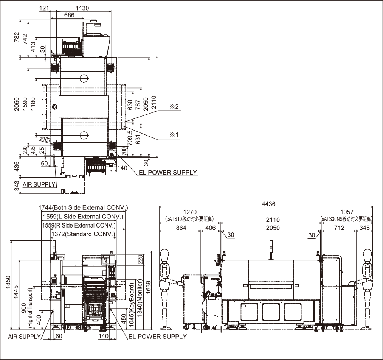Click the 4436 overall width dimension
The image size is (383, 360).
268,204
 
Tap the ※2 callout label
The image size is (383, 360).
174,106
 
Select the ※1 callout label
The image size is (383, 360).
174,134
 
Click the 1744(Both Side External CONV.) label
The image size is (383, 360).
83,208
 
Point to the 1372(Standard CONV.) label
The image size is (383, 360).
83,234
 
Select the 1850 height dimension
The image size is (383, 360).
9,282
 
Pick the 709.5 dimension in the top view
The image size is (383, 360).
130,138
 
